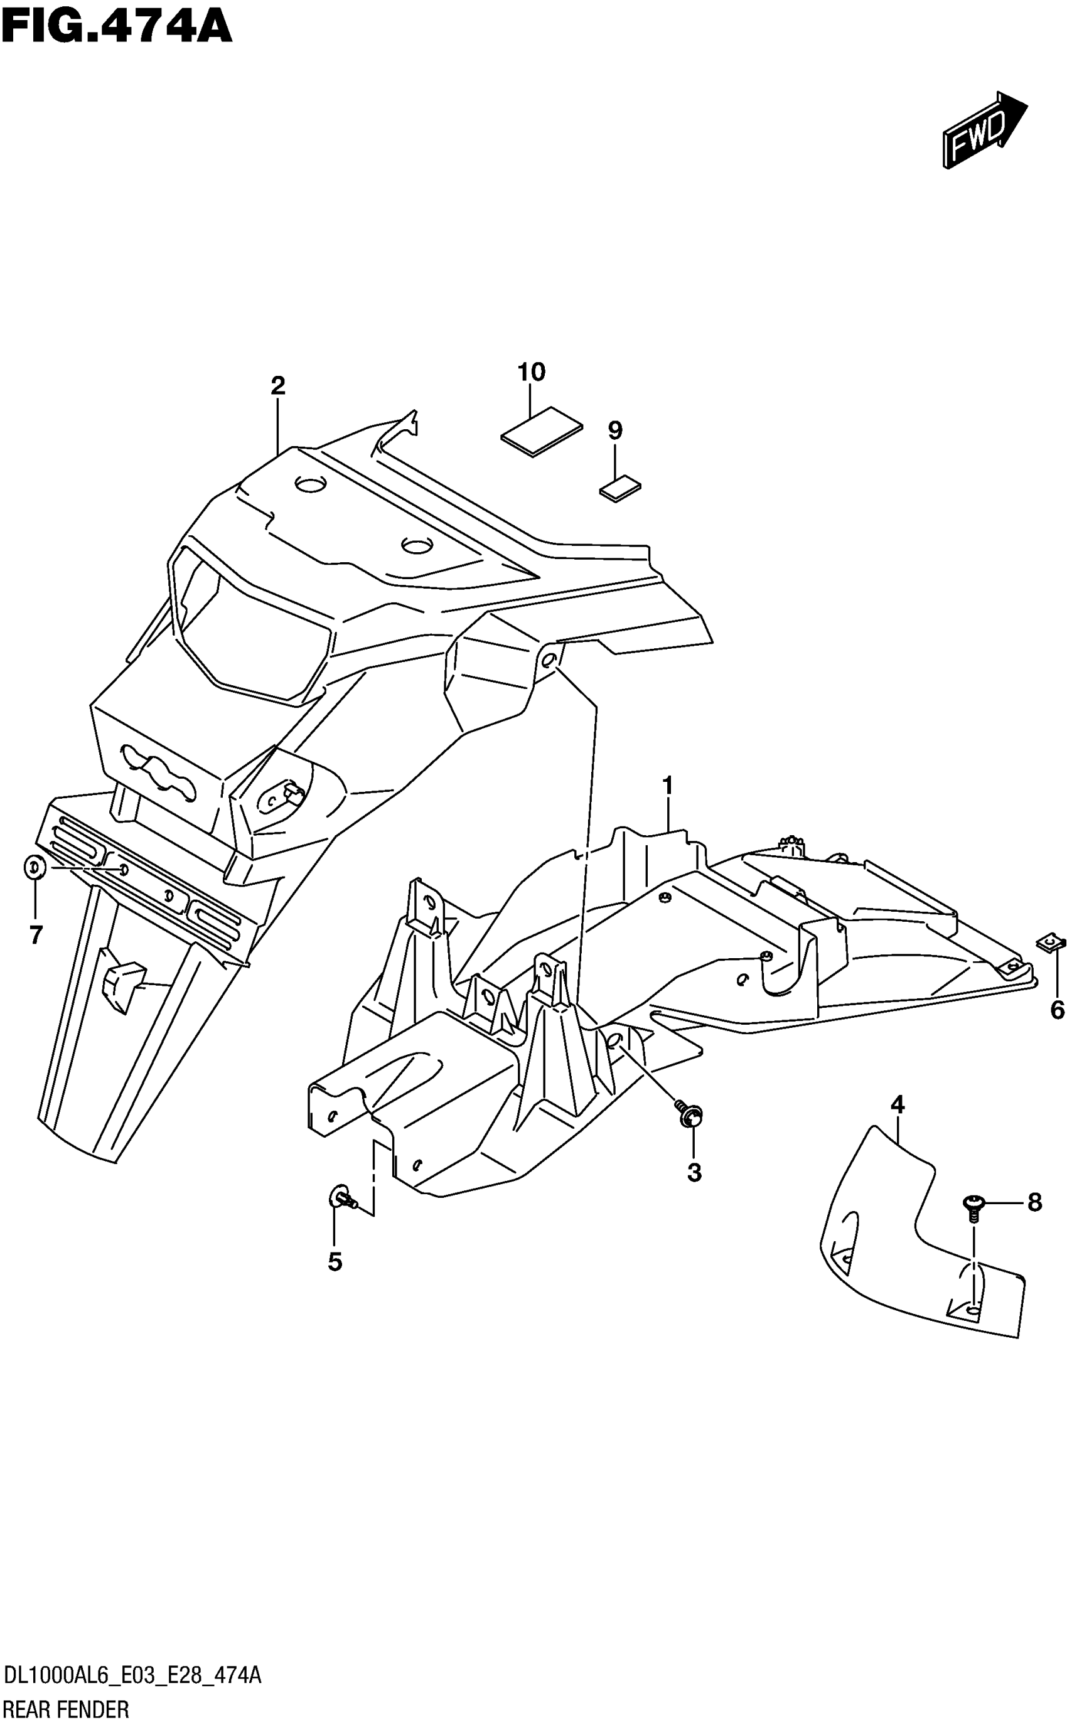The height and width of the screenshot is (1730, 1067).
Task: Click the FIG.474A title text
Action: pyautogui.click(x=117, y=26)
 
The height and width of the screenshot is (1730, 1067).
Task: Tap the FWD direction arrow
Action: pyautogui.click(x=984, y=130)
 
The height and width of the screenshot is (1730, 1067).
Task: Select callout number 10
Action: pyautogui.click(x=532, y=372)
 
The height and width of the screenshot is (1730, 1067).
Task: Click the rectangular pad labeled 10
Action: pyautogui.click(x=542, y=431)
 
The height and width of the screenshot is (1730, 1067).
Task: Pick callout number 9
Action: pyautogui.click(x=614, y=430)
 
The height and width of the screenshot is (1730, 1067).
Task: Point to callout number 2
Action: pyautogui.click(x=277, y=385)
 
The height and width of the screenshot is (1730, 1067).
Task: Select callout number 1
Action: pyautogui.click(x=667, y=784)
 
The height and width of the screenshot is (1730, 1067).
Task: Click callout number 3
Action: pyautogui.click(x=694, y=1172)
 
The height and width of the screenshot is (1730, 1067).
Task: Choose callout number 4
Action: pyautogui.click(x=897, y=1104)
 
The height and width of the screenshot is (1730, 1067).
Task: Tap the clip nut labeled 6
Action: pyautogui.click(x=1051, y=942)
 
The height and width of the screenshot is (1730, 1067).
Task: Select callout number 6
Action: pyautogui.click(x=1056, y=1010)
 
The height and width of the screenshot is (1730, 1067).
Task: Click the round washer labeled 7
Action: pyautogui.click(x=35, y=867)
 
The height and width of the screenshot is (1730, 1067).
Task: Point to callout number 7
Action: pyautogui.click(x=35, y=935)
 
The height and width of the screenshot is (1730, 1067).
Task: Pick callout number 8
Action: pyautogui.click(x=1034, y=1202)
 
